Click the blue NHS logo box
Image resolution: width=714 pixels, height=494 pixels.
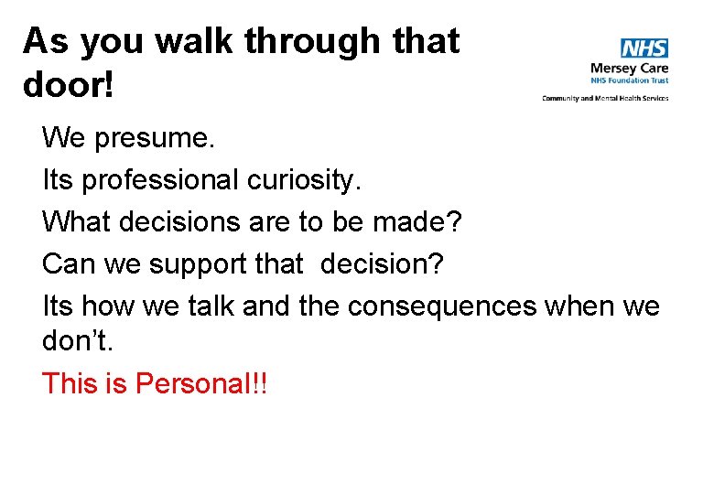coord(644,48)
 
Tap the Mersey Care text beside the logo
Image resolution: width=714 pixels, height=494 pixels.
coord(629,68)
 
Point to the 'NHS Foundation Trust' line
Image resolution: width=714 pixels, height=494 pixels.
coord(629,81)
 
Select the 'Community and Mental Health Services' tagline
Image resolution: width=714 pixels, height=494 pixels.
coord(605,98)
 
